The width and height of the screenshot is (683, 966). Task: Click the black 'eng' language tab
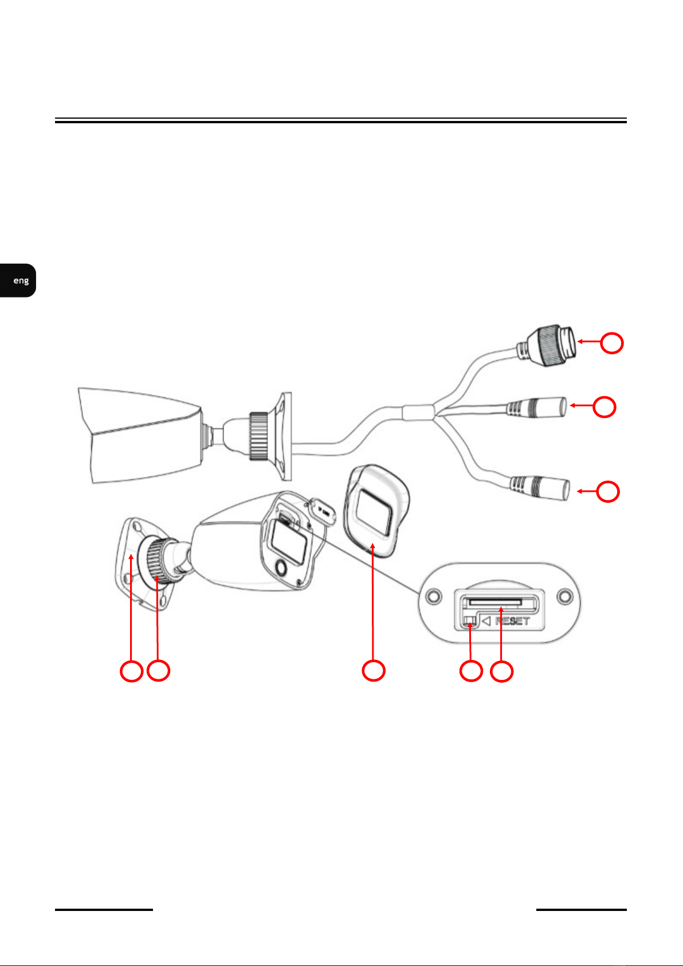[x=18, y=280]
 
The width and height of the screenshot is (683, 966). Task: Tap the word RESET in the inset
[x=512, y=621]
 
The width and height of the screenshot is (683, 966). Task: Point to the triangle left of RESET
[x=486, y=621]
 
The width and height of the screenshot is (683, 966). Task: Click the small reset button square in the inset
[x=470, y=621]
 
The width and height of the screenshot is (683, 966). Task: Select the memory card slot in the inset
[x=495, y=602]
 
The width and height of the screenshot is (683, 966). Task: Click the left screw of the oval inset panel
[x=433, y=596]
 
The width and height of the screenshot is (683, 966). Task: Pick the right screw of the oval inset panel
[x=564, y=596]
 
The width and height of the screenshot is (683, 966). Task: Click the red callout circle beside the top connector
[x=612, y=343]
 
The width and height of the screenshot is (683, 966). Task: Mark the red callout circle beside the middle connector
[x=604, y=406]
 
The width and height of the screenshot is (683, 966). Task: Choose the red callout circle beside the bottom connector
[x=607, y=492]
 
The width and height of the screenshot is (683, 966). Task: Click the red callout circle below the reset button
[x=471, y=671]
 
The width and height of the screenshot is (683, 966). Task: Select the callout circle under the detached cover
[x=373, y=671]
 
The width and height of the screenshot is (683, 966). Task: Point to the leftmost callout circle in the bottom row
[x=131, y=671]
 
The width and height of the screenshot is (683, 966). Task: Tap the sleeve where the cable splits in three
[x=418, y=412]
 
